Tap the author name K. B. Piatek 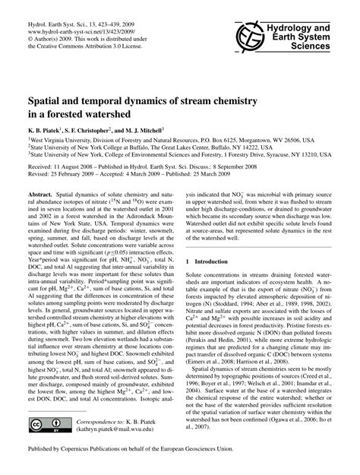coord(47,130)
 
